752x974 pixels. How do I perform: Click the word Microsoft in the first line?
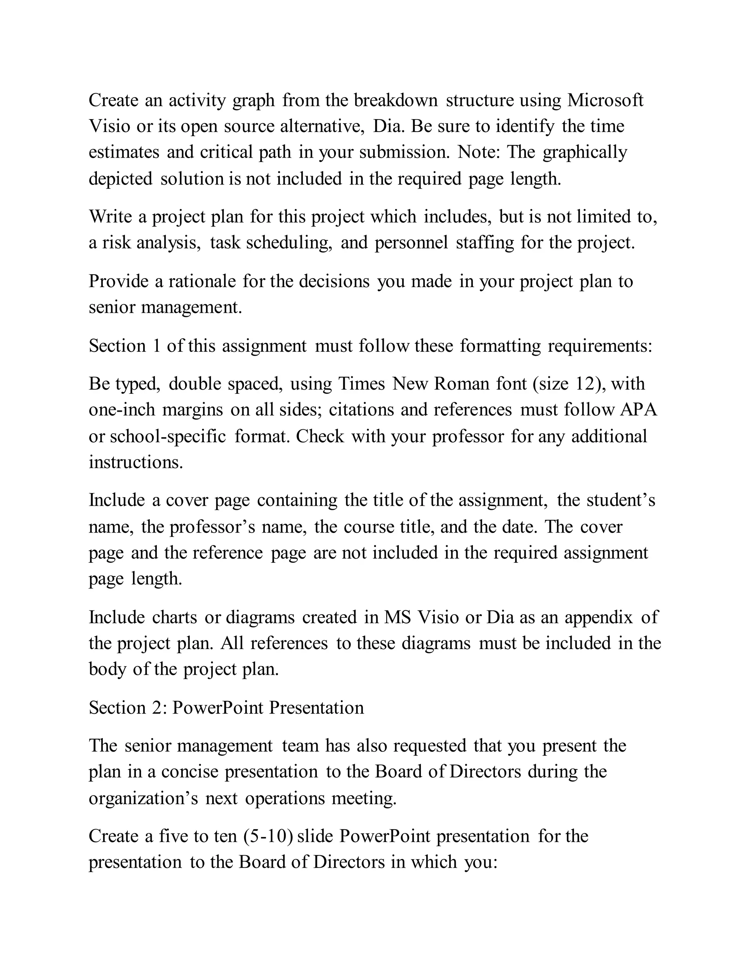point(605,100)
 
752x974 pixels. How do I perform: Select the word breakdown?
point(396,100)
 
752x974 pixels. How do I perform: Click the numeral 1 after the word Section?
point(156,346)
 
